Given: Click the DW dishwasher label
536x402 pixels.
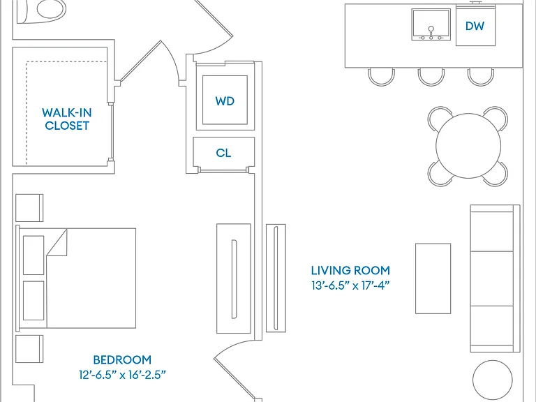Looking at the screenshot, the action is click(x=475, y=26).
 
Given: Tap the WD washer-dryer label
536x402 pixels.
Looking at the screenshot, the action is click(x=225, y=100).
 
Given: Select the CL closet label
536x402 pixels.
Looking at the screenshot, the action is click(x=223, y=153).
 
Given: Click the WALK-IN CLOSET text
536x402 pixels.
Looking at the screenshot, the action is click(x=67, y=119).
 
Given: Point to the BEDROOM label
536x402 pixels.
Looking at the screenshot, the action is click(x=122, y=359).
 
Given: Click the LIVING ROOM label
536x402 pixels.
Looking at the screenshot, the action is click(x=350, y=270).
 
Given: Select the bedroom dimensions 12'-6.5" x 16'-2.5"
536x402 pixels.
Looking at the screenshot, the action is click(x=122, y=375).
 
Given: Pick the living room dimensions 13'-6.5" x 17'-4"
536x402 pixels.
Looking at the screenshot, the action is click(x=350, y=285).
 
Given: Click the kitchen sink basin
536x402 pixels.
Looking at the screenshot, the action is click(x=431, y=24).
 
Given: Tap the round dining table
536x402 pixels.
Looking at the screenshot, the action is click(x=468, y=146).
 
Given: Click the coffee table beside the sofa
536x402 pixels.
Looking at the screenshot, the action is click(x=433, y=278).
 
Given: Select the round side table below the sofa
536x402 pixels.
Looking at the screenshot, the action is click(x=493, y=380).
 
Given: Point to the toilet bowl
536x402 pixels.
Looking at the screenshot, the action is click(x=51, y=9).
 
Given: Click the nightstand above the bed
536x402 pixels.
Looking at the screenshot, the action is click(x=29, y=208).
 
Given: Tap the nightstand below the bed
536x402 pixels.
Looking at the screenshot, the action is click(x=29, y=349).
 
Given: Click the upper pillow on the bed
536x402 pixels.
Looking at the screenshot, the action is click(x=33, y=255).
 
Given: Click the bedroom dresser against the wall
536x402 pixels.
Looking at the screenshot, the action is click(x=234, y=278).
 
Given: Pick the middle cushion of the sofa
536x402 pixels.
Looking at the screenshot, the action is click(x=492, y=278).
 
